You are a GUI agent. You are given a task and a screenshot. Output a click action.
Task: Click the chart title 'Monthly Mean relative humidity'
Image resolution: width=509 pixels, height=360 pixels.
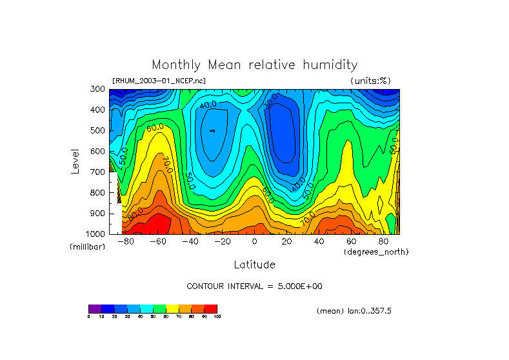click(254, 65)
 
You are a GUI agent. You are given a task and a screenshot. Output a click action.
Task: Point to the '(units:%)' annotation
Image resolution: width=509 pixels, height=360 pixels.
click(370, 81)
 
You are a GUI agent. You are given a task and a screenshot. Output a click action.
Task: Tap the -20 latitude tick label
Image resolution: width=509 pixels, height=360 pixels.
click(222, 241)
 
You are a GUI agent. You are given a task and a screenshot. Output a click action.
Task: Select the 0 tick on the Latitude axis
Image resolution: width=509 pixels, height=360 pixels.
click(254, 241)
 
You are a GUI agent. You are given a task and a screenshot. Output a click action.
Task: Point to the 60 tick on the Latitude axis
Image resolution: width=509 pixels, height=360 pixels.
click(351, 241)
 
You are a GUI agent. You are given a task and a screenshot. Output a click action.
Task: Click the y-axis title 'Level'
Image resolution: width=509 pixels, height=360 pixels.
click(75, 161)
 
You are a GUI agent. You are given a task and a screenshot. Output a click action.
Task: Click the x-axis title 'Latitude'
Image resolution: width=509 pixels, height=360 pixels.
click(254, 265)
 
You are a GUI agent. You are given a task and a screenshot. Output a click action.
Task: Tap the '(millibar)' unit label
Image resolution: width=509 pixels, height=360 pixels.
click(86, 248)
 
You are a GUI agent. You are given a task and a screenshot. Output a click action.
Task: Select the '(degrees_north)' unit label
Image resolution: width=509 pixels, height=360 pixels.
click(375, 252)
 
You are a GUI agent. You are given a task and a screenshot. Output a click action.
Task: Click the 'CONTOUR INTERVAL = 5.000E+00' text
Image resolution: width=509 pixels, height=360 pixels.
click(254, 286)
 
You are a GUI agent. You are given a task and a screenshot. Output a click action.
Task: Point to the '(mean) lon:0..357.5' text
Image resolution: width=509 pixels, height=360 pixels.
click(354, 311)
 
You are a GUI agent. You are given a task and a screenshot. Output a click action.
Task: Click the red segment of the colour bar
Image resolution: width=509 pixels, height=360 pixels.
click(211, 308)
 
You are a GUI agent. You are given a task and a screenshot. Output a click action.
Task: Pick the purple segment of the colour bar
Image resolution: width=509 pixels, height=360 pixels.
click(95, 308)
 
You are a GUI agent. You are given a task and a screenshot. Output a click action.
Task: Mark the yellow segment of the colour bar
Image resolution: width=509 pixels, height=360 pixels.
click(172, 308)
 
